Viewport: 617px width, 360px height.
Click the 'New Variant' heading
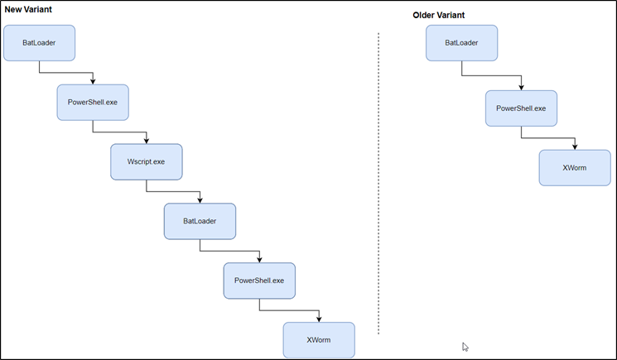(29, 9)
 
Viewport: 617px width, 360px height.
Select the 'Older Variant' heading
(438, 15)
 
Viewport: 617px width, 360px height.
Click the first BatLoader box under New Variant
(39, 42)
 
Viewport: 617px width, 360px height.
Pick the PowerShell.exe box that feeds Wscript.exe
(93, 102)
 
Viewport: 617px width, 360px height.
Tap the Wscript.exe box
(146, 161)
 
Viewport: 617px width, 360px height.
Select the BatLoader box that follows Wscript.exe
(200, 221)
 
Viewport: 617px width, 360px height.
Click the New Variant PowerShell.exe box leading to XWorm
(259, 281)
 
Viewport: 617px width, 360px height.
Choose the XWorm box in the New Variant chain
(319, 339)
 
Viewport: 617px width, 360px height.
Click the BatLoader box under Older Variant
(461, 42)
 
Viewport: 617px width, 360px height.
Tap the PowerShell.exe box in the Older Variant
(521, 108)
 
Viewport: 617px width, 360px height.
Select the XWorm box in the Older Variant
(575, 168)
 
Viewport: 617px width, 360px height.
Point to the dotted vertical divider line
(378, 182)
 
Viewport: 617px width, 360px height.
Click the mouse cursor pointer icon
(465, 347)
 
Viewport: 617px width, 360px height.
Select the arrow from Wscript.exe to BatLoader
(174, 191)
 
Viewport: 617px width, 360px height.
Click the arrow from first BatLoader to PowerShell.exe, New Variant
(66, 72)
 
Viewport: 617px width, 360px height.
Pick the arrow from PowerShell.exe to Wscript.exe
(120, 132)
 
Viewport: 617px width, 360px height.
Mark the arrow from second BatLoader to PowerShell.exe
(230, 251)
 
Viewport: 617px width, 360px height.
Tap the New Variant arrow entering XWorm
(290, 310)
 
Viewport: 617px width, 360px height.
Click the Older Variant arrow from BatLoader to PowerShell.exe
(491, 75)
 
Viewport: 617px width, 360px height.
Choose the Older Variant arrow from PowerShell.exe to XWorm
(548, 137)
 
